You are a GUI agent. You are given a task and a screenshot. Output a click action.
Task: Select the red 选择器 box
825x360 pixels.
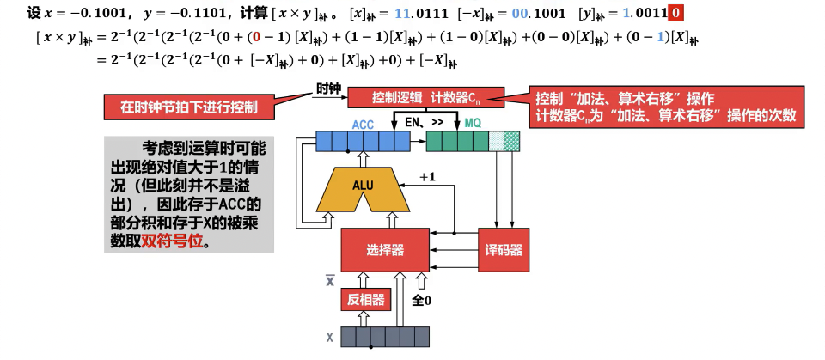click(385, 250)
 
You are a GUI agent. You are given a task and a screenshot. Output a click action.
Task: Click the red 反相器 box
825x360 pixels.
click(364, 299)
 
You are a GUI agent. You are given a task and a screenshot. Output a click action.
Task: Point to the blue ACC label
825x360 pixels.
click(363, 124)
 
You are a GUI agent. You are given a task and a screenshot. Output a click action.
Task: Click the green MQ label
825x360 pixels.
click(473, 124)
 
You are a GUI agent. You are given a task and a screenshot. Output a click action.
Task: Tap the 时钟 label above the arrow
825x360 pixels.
click(329, 88)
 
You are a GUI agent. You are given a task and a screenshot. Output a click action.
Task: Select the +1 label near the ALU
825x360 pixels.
click(428, 176)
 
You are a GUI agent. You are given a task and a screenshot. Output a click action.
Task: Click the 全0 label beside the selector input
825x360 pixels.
click(423, 300)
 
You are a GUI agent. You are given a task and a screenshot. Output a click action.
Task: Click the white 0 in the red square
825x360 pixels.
click(677, 14)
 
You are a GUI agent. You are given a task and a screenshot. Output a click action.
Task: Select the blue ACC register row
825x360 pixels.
click(362, 141)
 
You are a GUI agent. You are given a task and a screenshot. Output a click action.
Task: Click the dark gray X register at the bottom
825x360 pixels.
click(384, 337)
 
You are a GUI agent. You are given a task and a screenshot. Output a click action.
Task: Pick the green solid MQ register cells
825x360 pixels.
click(456, 141)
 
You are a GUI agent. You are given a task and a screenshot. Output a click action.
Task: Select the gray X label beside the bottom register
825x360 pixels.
click(329, 338)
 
